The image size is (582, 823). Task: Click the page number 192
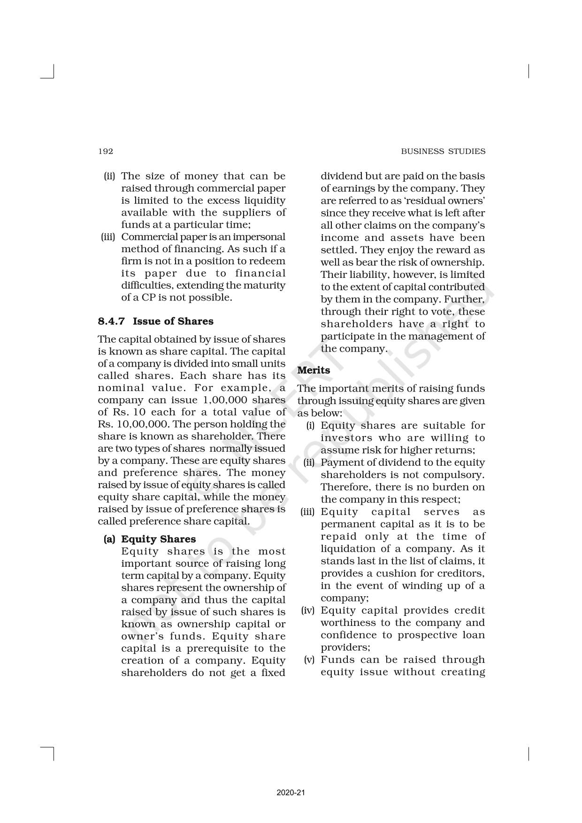coord(106,151)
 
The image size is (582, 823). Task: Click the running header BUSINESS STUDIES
coord(443,151)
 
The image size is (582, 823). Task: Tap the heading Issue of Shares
coord(173,321)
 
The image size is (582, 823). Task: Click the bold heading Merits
coord(314,370)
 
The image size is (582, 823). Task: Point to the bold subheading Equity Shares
coord(159,539)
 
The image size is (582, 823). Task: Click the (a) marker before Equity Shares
coord(109,539)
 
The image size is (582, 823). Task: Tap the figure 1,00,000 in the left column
coord(224,400)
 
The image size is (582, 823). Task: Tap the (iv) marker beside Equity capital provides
coord(308,610)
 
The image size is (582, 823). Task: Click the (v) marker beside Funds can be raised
coord(309,660)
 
